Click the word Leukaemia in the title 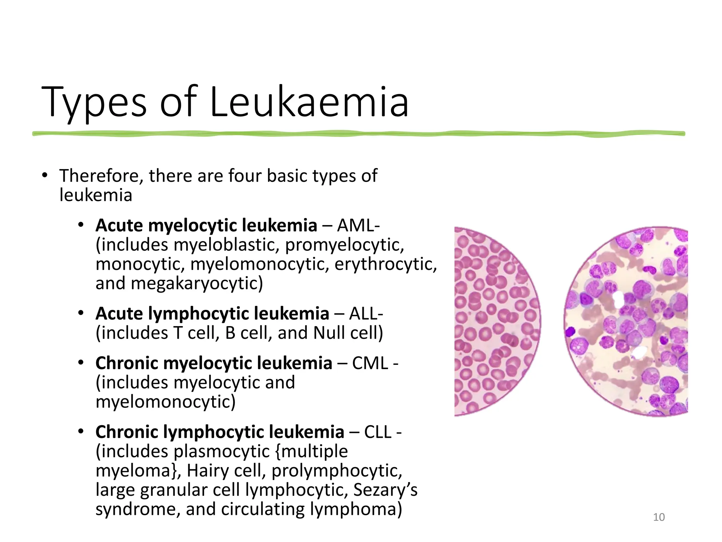click(309, 102)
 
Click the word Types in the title click(94, 103)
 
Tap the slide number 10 click(659, 517)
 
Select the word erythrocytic click(386, 264)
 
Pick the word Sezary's click(385, 490)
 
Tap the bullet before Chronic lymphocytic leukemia click(81, 432)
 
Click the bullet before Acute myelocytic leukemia click(81, 225)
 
